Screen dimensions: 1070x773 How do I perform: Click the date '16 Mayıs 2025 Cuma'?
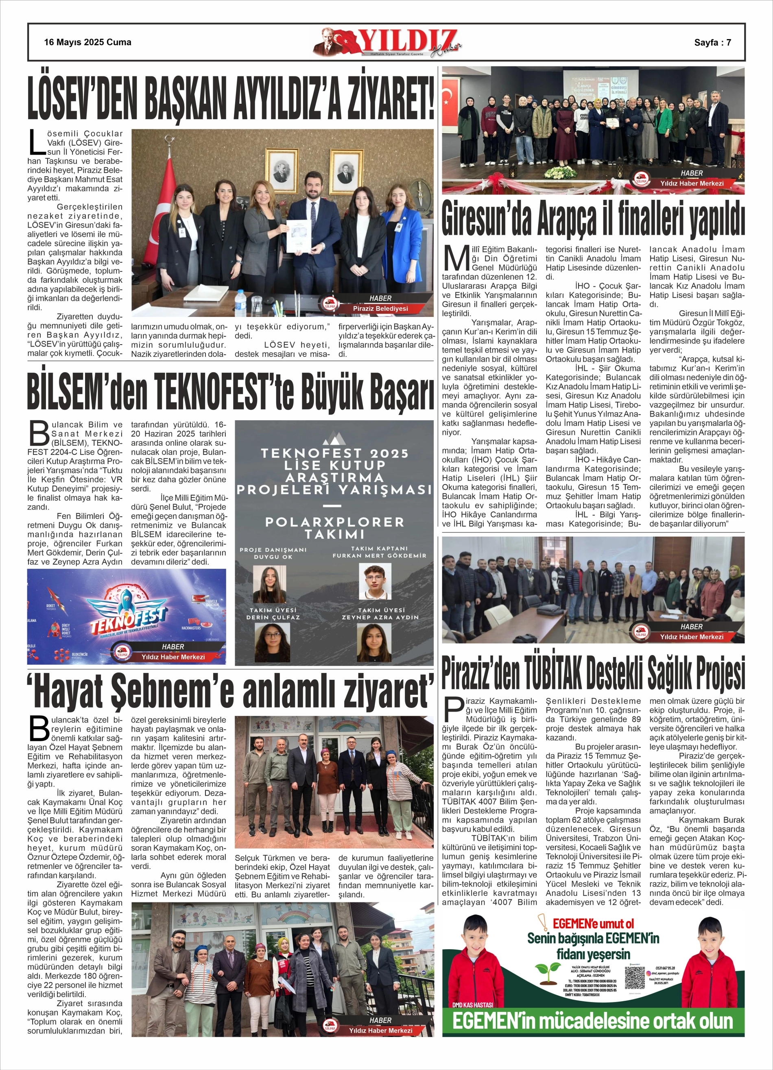pyautogui.click(x=88, y=42)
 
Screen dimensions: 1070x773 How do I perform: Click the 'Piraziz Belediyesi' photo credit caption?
pyautogui.click(x=380, y=308)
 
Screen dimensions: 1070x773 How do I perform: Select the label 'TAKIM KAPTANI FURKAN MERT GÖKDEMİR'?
pyautogui.click(x=379, y=552)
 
